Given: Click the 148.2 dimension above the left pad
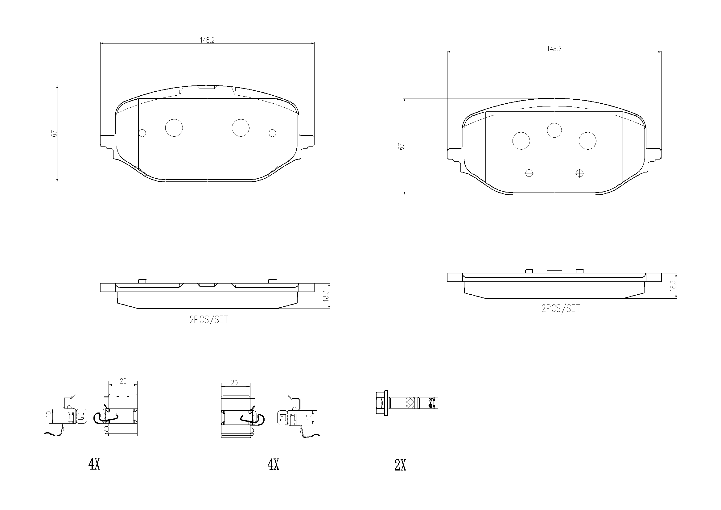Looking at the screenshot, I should pyautogui.click(x=207, y=40).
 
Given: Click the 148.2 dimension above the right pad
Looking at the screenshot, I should pyautogui.click(x=554, y=49).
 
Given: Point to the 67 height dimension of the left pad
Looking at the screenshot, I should pyautogui.click(x=54, y=133).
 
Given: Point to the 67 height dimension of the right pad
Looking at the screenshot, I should pyautogui.click(x=401, y=147).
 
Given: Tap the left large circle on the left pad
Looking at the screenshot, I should pyautogui.click(x=174, y=128).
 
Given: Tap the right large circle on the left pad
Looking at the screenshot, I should pyautogui.click(x=241, y=128).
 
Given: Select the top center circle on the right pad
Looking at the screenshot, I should pyautogui.click(x=554, y=130).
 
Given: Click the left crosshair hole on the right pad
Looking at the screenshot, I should pyautogui.click(x=529, y=173).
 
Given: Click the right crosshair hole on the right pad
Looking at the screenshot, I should pyautogui.click(x=579, y=173).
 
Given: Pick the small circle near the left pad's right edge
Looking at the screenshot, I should pyautogui.click(x=273, y=133).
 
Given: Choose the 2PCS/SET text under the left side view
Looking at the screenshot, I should pyautogui.click(x=208, y=320).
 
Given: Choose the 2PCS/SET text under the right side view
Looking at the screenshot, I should pyautogui.click(x=561, y=309).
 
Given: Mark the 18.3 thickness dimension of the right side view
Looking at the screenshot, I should pyautogui.click(x=673, y=286).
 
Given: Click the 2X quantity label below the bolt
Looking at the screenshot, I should pyautogui.click(x=400, y=465).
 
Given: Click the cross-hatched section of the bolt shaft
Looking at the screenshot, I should pyautogui.click(x=410, y=403).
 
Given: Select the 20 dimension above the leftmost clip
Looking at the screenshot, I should pyautogui.click(x=123, y=381).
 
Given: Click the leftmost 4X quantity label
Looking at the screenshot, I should pyautogui.click(x=94, y=464).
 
